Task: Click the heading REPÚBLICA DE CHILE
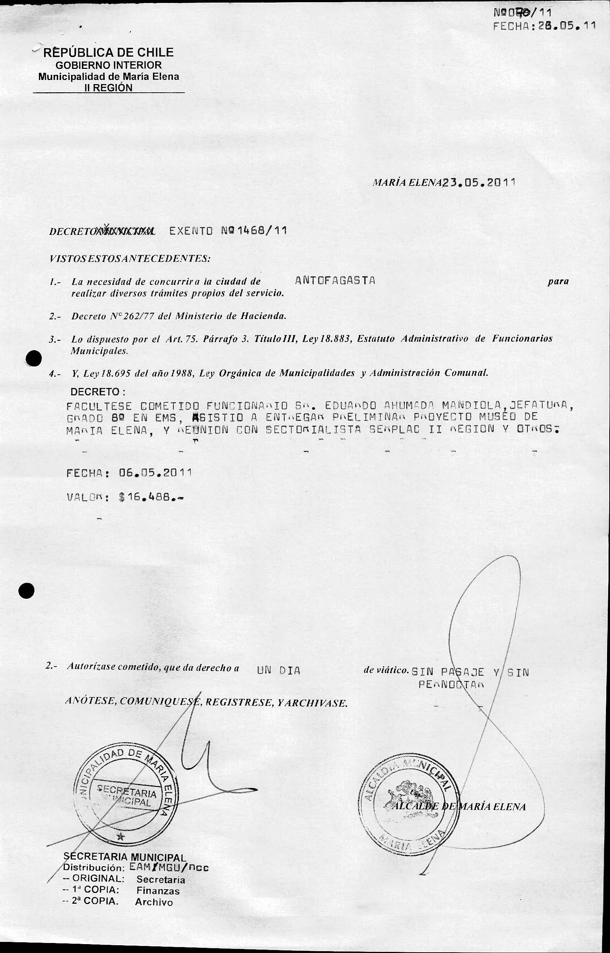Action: pyautogui.click(x=108, y=52)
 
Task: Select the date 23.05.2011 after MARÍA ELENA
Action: pyautogui.click(x=480, y=183)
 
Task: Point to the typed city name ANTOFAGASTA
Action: pyautogui.click(x=335, y=280)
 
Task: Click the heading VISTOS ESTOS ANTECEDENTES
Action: pyautogui.click(x=130, y=259)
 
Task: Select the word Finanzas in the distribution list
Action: pyautogui.click(x=158, y=921)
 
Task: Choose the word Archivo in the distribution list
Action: pyautogui.click(x=154, y=932)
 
